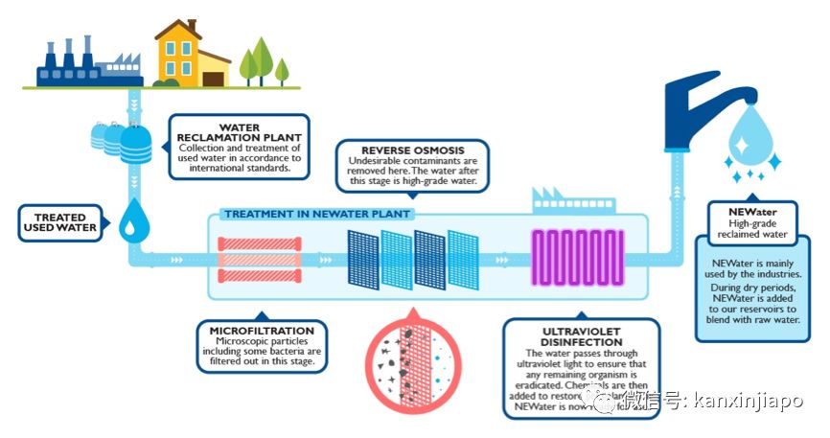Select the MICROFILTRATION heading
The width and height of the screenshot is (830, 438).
point(262,331)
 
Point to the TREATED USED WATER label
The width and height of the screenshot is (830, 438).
point(60,222)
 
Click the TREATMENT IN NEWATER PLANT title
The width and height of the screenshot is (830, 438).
point(317,214)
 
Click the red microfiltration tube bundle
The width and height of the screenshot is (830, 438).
point(260,260)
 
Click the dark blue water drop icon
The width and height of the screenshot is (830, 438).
point(130,222)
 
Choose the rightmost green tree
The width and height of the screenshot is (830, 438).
point(282,70)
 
